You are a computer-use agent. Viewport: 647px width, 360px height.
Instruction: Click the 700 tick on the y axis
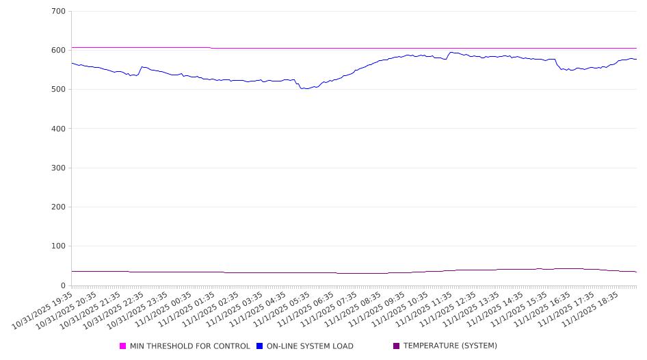pos(58,12)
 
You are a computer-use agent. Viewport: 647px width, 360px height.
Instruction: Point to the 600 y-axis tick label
pos(58,51)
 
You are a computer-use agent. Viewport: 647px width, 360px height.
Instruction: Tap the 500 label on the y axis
pos(58,90)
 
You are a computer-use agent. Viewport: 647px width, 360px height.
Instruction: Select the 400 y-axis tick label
pos(58,129)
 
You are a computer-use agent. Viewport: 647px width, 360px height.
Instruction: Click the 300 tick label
pos(58,168)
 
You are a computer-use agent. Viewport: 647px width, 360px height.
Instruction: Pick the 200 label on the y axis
pos(58,207)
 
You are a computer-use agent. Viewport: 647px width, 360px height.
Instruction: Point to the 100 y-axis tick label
pos(58,246)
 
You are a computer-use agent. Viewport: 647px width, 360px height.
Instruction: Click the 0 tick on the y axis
pos(63,285)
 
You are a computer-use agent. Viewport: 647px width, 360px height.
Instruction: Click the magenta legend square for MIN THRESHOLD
pos(123,346)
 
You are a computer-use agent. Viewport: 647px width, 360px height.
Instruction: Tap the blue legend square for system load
pos(260,346)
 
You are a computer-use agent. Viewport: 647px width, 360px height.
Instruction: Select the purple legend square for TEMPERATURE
pos(397,346)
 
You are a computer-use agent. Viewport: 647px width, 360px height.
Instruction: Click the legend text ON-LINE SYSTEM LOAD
pos(310,346)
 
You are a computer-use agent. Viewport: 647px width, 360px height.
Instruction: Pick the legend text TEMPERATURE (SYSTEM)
pos(450,346)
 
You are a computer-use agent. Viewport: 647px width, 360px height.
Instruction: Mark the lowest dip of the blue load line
pos(305,88)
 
